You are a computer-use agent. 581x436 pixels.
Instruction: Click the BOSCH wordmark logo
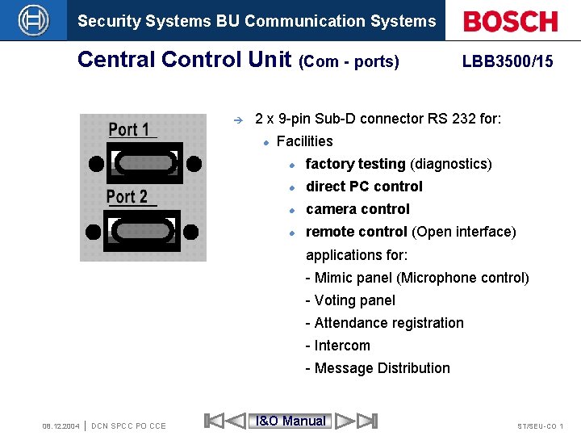511,21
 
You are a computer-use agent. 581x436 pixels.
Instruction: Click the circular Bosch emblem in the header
33,20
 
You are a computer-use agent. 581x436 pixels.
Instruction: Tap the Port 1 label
129,129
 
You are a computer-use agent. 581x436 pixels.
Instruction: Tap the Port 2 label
127,196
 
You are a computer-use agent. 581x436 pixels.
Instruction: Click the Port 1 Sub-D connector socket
144,162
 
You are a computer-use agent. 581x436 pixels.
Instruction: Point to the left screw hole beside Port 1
96,163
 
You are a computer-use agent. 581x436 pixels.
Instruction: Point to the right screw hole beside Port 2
191,232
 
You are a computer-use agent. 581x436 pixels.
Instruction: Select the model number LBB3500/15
508,61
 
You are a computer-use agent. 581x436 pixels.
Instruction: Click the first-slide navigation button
214,421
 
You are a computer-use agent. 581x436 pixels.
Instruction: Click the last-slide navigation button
367,421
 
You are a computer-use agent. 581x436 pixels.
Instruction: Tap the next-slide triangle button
345,421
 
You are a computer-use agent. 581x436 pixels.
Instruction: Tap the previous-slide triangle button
236,421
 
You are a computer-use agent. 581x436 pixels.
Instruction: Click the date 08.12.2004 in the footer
61,426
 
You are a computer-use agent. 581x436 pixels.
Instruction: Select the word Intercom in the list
342,346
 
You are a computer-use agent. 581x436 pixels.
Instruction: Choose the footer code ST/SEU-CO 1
540,426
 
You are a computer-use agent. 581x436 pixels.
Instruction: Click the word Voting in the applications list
334,300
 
